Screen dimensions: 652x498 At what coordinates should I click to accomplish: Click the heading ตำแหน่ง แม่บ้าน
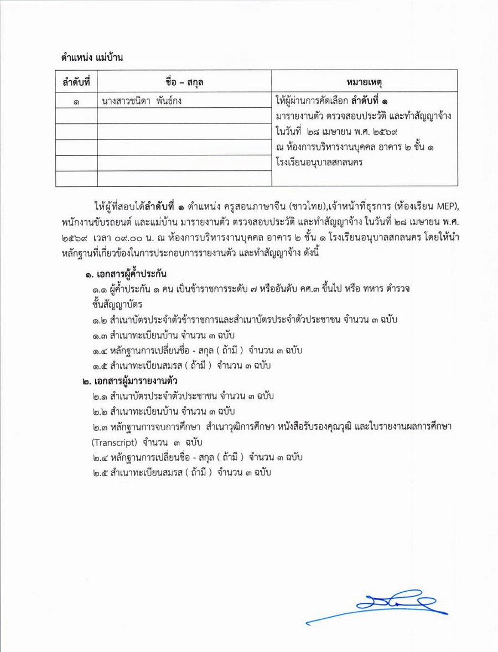pyautogui.click(x=92, y=57)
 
